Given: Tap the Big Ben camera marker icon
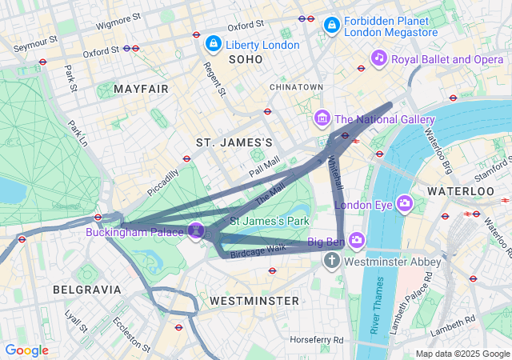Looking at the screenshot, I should (x=357, y=240).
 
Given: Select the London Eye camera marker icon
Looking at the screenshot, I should (x=405, y=203).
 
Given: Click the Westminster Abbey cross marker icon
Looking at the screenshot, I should (x=332, y=261).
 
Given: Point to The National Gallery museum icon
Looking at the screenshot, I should (x=322, y=119).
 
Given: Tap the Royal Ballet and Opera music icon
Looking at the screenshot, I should (x=379, y=58).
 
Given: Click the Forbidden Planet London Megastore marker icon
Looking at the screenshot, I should (x=331, y=26).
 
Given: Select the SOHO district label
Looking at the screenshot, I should (x=246, y=60).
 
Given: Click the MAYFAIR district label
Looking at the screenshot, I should (x=141, y=89).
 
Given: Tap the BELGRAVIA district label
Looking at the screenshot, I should (x=86, y=289).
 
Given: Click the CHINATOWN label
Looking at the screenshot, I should (x=296, y=86).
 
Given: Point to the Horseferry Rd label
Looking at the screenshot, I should (x=316, y=340).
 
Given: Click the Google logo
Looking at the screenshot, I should (x=26, y=350).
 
